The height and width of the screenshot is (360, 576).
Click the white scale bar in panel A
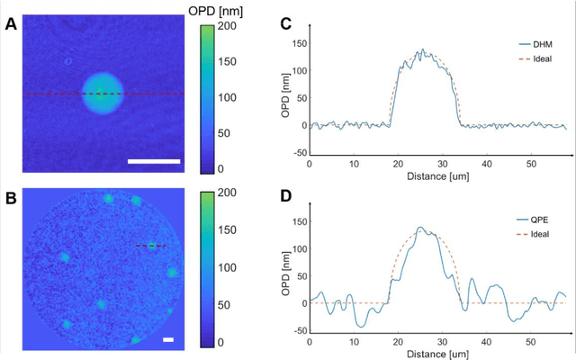coord(155,162)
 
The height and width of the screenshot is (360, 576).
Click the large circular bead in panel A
coord(103,94)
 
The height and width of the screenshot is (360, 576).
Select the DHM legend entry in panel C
coord(542,42)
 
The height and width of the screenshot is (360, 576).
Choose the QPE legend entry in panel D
coord(542,220)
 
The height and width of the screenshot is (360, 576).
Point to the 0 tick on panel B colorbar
coord(225,343)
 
